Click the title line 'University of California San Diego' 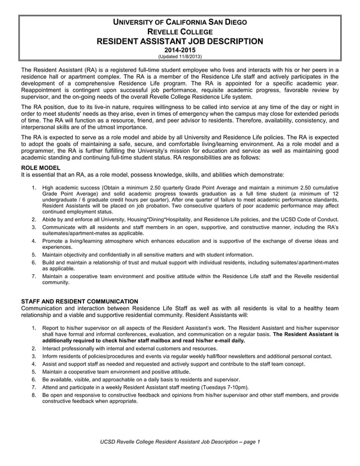click(179, 23)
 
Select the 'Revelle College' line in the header click(179, 32)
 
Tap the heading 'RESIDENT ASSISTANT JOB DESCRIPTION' click(179, 41)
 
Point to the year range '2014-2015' click(179, 50)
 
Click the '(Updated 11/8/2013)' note click(179, 56)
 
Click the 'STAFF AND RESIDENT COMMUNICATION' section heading click(79, 301)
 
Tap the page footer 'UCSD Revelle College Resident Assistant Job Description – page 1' click(179, 441)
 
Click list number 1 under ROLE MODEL click(34, 187)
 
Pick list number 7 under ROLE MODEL click(34, 276)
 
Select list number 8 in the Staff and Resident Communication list click(34, 396)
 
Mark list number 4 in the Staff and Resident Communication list click(34, 364)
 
